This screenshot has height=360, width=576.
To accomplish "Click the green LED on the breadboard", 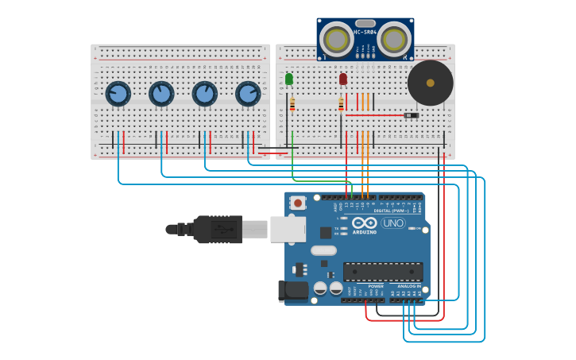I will pos(289,79).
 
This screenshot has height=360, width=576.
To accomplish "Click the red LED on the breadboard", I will pos(343,79).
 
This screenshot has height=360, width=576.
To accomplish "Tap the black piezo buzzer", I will pos(431,83).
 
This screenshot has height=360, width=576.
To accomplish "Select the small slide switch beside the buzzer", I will pos(411,115).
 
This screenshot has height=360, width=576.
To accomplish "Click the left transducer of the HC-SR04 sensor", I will pos(337,39).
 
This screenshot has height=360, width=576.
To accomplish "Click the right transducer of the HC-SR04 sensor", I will pos(394,39).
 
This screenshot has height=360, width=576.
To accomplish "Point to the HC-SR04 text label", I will pos(365,32).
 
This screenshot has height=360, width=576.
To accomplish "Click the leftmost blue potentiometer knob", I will pos(118,94).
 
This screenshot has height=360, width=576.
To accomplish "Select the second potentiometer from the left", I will pos(161,94).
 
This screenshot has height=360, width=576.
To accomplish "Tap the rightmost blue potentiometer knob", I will pos(248,94).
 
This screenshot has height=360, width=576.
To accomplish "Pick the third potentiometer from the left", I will pos(205,94).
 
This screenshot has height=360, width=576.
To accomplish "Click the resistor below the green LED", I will pos(292,104).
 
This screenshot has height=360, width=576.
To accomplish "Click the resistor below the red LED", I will pos(342,104).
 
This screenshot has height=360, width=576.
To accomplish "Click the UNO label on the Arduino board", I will pos(393,223).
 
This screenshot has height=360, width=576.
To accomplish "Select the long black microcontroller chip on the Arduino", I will pos(383,271).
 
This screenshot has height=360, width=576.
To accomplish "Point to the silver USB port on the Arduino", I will pos(288,229).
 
